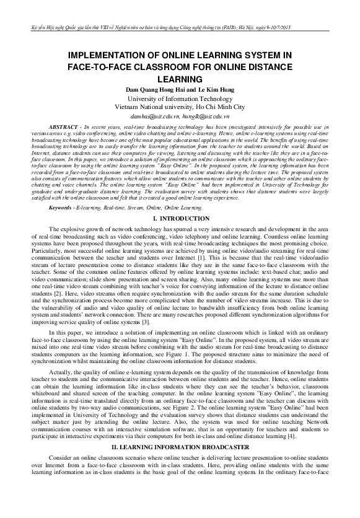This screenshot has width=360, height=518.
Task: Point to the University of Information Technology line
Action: [x=180, y=99]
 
